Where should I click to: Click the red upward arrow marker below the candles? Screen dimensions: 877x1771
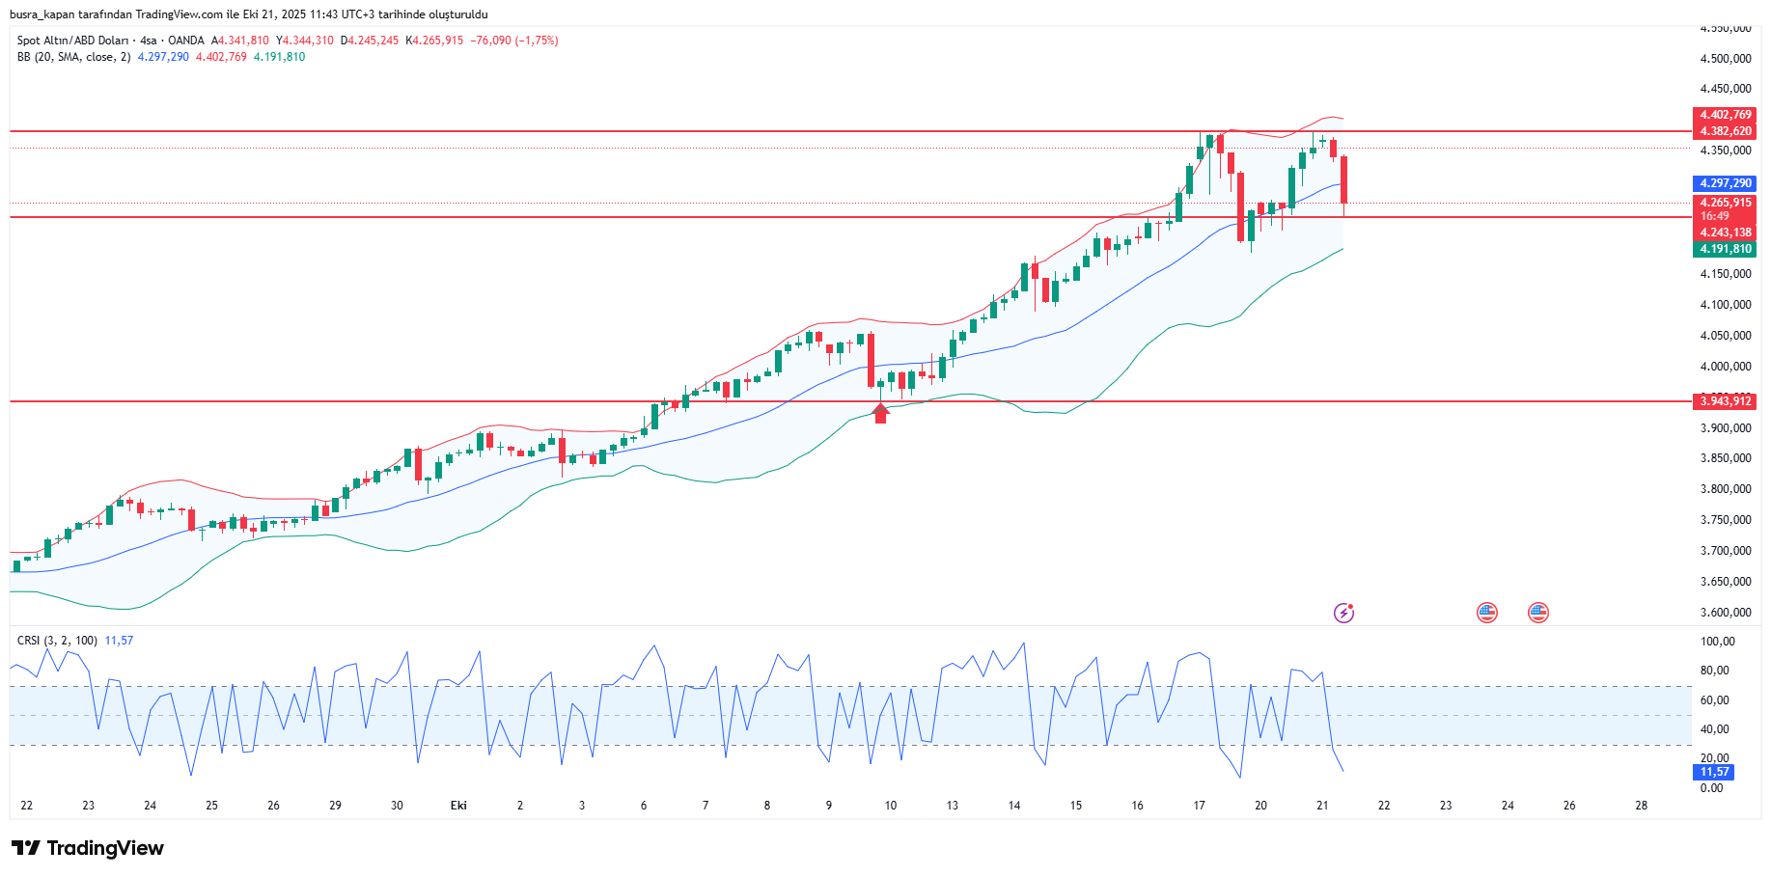click(x=880, y=414)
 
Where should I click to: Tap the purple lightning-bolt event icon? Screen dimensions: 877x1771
click(x=1343, y=613)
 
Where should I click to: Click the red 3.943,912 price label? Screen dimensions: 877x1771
click(x=1725, y=401)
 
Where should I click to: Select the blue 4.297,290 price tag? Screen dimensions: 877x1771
click(x=1725, y=183)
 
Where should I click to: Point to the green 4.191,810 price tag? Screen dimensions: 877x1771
click(x=1725, y=249)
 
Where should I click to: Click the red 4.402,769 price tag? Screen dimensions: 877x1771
click(x=1725, y=115)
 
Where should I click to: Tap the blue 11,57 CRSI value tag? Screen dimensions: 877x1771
click(x=1714, y=772)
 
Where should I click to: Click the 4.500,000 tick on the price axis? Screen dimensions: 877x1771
click(x=1725, y=59)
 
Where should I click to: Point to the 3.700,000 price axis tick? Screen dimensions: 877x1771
click(x=1725, y=551)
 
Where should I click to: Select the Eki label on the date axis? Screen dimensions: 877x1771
click(x=458, y=806)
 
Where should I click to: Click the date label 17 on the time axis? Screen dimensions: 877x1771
click(x=1199, y=806)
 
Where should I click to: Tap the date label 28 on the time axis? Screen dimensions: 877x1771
click(x=1641, y=806)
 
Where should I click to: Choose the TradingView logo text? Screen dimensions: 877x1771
click(x=104, y=848)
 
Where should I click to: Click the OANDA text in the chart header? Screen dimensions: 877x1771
click(x=185, y=41)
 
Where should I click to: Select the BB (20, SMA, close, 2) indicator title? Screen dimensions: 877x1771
click(x=73, y=57)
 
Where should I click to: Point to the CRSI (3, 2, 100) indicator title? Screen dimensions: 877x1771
click(x=57, y=641)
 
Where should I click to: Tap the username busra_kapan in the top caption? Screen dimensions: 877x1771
click(x=42, y=14)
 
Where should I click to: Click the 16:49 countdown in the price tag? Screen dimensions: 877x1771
click(x=1715, y=216)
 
